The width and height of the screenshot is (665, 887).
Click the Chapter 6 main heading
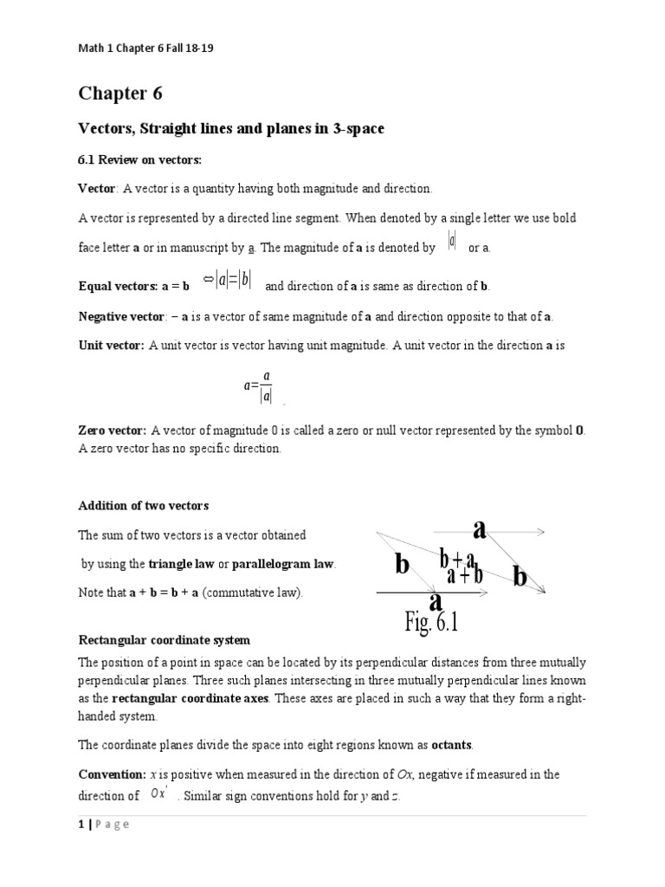(120, 93)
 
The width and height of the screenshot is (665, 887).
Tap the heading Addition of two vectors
(144, 505)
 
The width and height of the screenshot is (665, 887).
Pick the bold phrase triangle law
(181, 564)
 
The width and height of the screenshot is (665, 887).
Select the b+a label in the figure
(458, 559)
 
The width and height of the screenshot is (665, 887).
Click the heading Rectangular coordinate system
(164, 640)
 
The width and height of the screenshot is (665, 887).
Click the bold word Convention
(111, 774)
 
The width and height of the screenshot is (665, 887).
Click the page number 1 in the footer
(81, 825)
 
